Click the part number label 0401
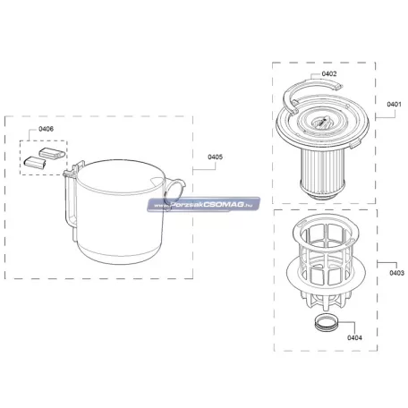[x=394, y=105]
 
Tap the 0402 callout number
[x=329, y=73]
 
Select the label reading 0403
[x=396, y=273]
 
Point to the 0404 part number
[x=354, y=337]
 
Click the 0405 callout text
[x=215, y=157]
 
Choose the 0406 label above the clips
[x=47, y=129]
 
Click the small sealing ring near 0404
[x=326, y=324]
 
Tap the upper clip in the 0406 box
[x=52, y=153]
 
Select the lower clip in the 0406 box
[x=35, y=162]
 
